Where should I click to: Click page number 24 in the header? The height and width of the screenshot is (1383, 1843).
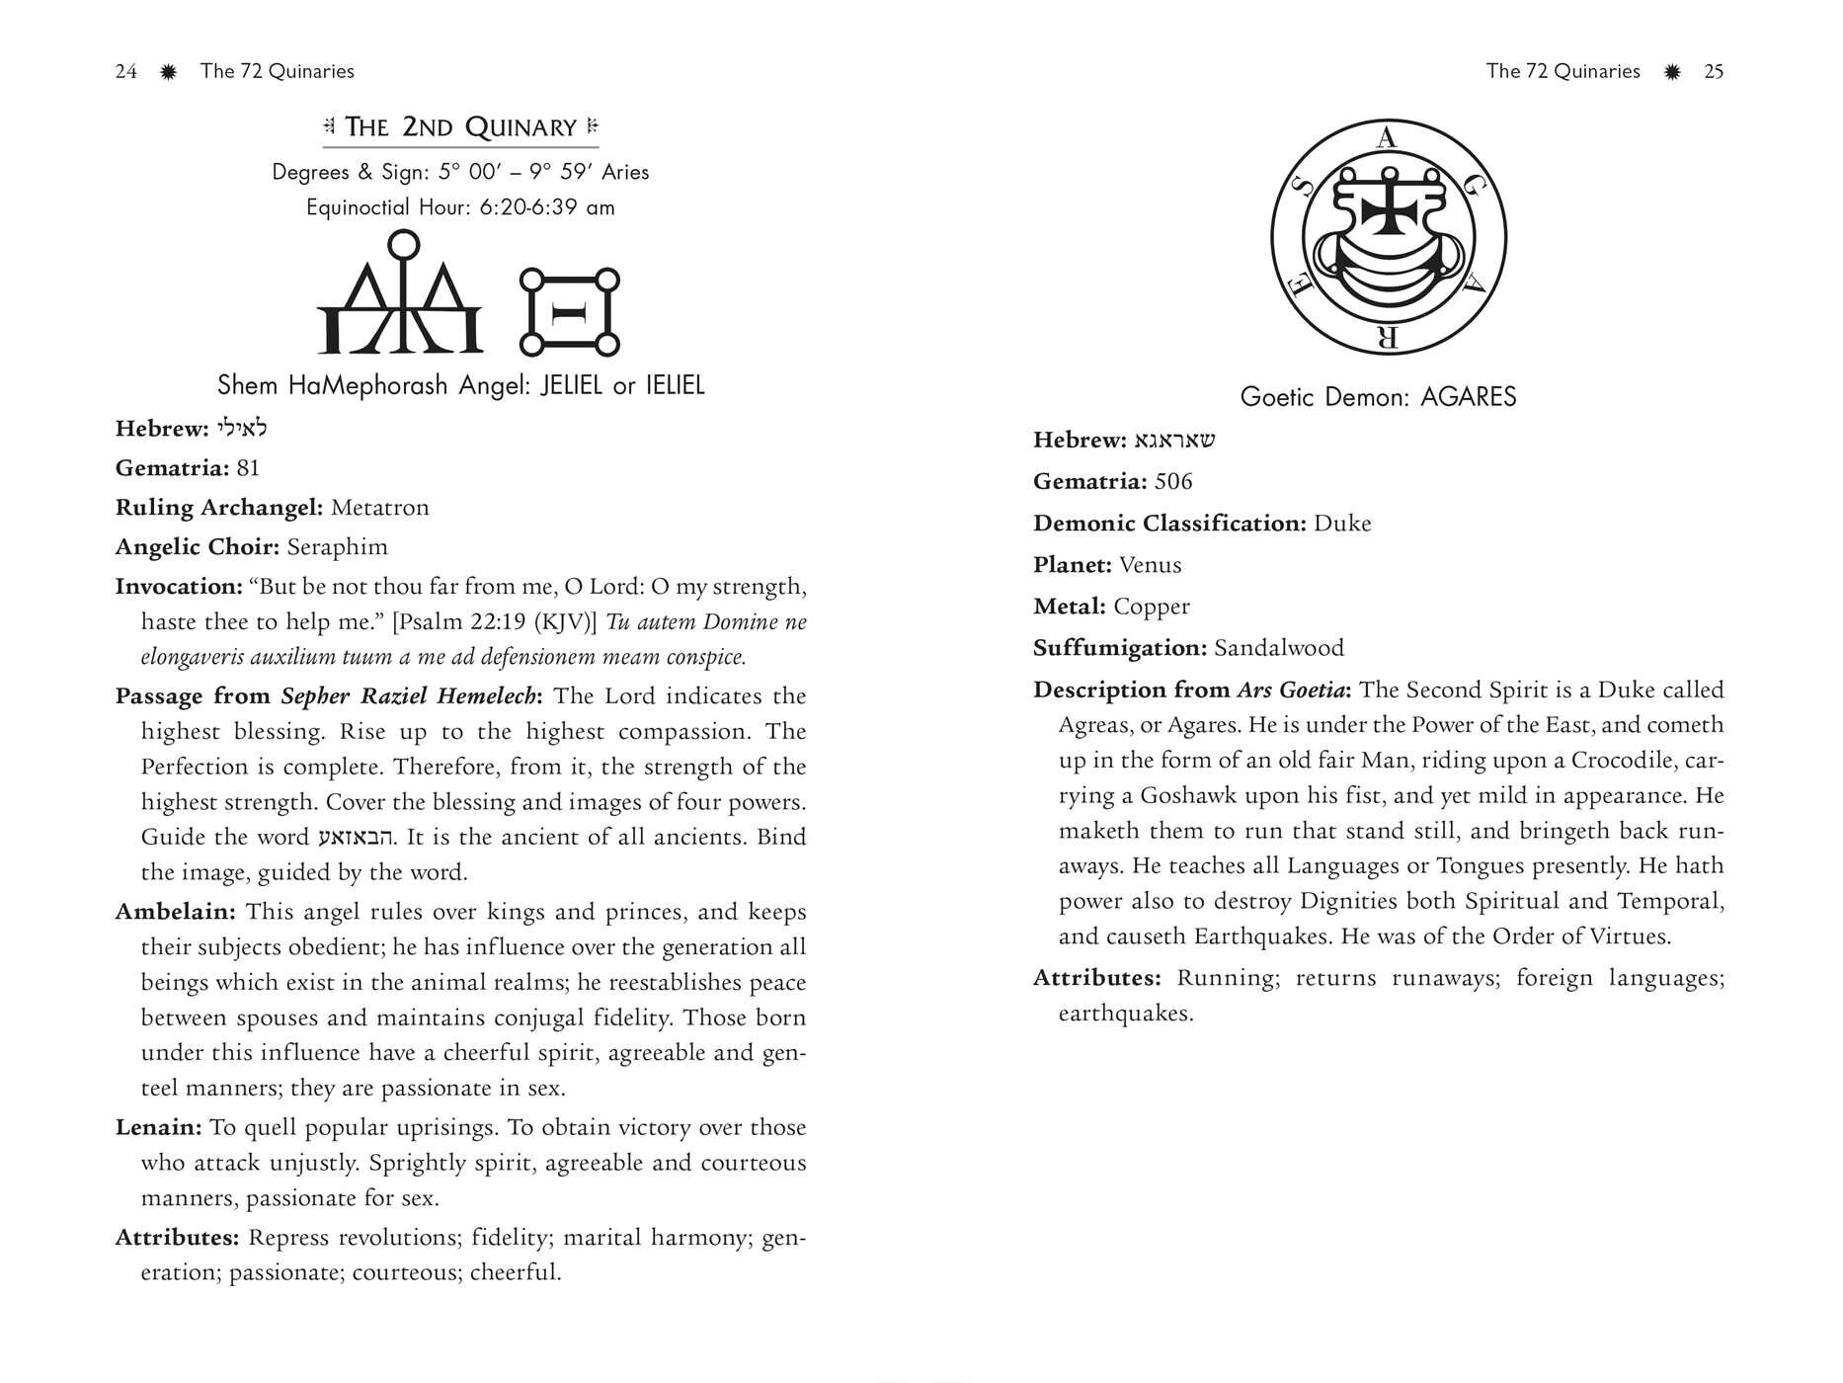[125, 71]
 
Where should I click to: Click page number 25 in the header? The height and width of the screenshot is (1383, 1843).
[1714, 71]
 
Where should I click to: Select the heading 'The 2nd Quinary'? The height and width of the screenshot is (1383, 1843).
[460, 127]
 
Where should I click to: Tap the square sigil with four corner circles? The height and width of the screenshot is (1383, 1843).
[570, 312]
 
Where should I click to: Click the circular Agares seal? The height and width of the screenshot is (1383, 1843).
[1388, 238]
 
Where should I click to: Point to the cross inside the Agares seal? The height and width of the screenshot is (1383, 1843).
[1389, 211]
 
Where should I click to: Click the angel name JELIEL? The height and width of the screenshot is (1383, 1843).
[571, 385]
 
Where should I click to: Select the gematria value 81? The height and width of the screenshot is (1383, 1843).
[248, 468]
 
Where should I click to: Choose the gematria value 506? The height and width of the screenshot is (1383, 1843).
[1173, 482]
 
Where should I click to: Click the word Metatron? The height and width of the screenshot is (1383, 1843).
[380, 508]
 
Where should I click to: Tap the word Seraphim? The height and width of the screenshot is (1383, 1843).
[338, 547]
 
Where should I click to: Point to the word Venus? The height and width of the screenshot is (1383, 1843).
[1151, 565]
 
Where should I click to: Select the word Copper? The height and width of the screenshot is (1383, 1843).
[1152, 607]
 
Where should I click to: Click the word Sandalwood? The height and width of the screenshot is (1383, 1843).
[1279, 648]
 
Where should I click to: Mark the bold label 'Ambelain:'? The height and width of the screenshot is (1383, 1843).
[175, 912]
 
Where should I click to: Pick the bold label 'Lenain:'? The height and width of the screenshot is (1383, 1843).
[158, 1128]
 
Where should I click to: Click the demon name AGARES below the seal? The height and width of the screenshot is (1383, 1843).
[1468, 397]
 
